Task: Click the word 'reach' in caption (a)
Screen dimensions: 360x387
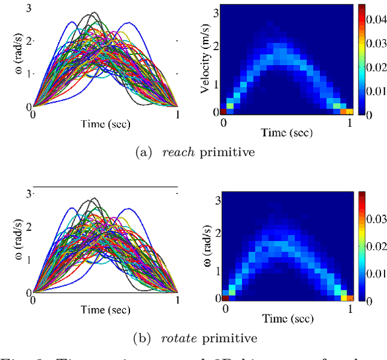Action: click(x=178, y=152)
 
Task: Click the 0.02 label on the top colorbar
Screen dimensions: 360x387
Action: click(x=376, y=68)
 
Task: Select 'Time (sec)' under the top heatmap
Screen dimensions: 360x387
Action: click(x=287, y=131)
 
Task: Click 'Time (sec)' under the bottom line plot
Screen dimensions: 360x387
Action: click(x=105, y=310)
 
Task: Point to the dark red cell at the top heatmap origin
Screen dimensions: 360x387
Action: click(x=223, y=111)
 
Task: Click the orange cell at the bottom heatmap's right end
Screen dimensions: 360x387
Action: click(x=345, y=297)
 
